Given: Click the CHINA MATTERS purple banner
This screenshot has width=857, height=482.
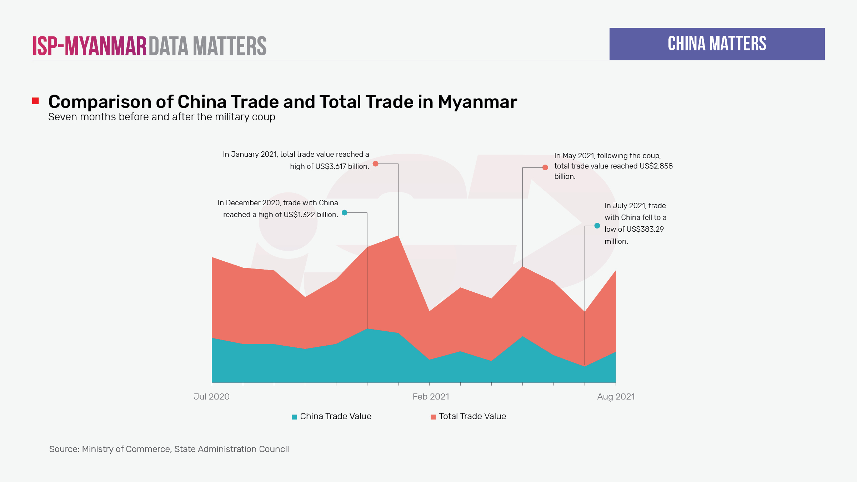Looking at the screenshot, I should [x=717, y=44].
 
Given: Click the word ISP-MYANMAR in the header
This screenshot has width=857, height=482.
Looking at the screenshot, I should [x=90, y=46].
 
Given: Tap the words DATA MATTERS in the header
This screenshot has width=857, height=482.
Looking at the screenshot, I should [x=207, y=46].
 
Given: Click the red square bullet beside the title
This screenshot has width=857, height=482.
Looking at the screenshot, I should [x=35, y=101].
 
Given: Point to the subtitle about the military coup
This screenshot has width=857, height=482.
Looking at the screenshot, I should [x=161, y=117].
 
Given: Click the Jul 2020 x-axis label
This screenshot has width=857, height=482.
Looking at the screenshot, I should [x=211, y=397].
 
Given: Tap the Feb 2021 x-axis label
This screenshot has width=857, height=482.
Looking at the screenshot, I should [x=431, y=397].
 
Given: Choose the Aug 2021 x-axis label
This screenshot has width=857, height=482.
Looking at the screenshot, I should [x=616, y=397].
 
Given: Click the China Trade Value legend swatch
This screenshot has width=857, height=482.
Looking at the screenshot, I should [x=294, y=417].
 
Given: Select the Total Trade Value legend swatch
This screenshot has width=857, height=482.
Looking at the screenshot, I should [x=433, y=417].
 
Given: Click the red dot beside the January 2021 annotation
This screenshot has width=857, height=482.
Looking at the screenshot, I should [x=375, y=164].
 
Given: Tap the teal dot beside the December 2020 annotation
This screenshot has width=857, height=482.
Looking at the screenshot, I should [x=344, y=212].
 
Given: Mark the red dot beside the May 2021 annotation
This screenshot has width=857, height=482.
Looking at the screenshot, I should [x=545, y=167].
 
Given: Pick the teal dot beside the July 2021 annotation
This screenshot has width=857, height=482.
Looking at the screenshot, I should [x=597, y=225].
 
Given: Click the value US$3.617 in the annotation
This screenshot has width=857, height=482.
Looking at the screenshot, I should [x=331, y=166].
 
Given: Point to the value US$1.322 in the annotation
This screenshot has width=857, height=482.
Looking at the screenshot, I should [x=299, y=215].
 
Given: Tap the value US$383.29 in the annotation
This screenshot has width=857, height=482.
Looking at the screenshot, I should [x=645, y=229].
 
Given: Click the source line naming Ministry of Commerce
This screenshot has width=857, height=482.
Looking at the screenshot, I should [x=169, y=449].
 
